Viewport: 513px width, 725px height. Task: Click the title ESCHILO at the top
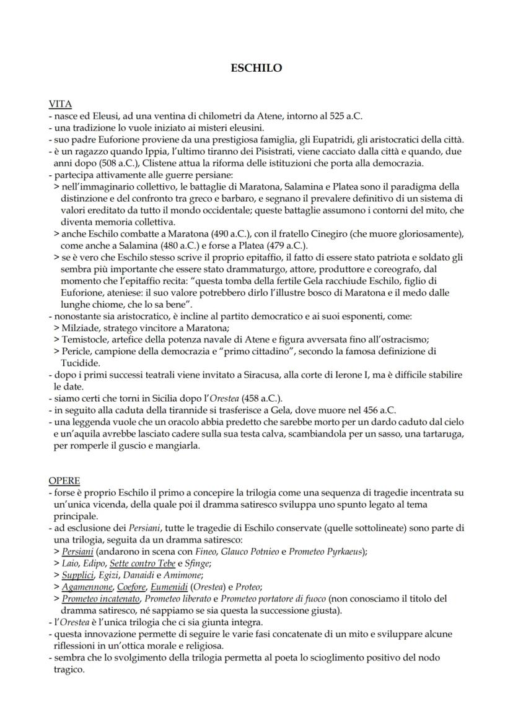(x=256, y=68)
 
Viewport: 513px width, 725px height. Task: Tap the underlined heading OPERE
(x=64, y=480)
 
